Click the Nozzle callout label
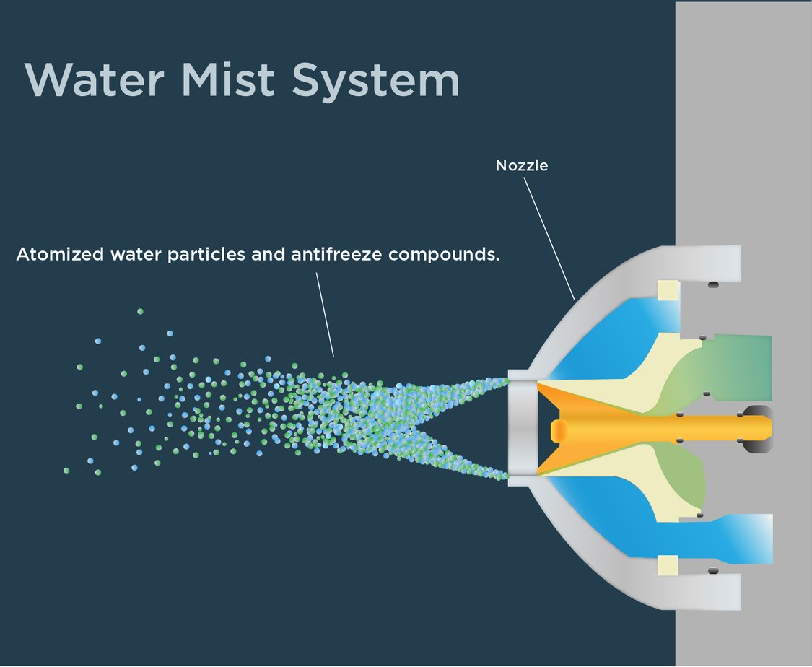point(522,165)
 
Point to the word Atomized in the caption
point(60,255)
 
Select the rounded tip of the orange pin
point(557,430)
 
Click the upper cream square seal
point(668,290)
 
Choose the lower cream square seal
point(668,566)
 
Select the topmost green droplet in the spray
point(140,311)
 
